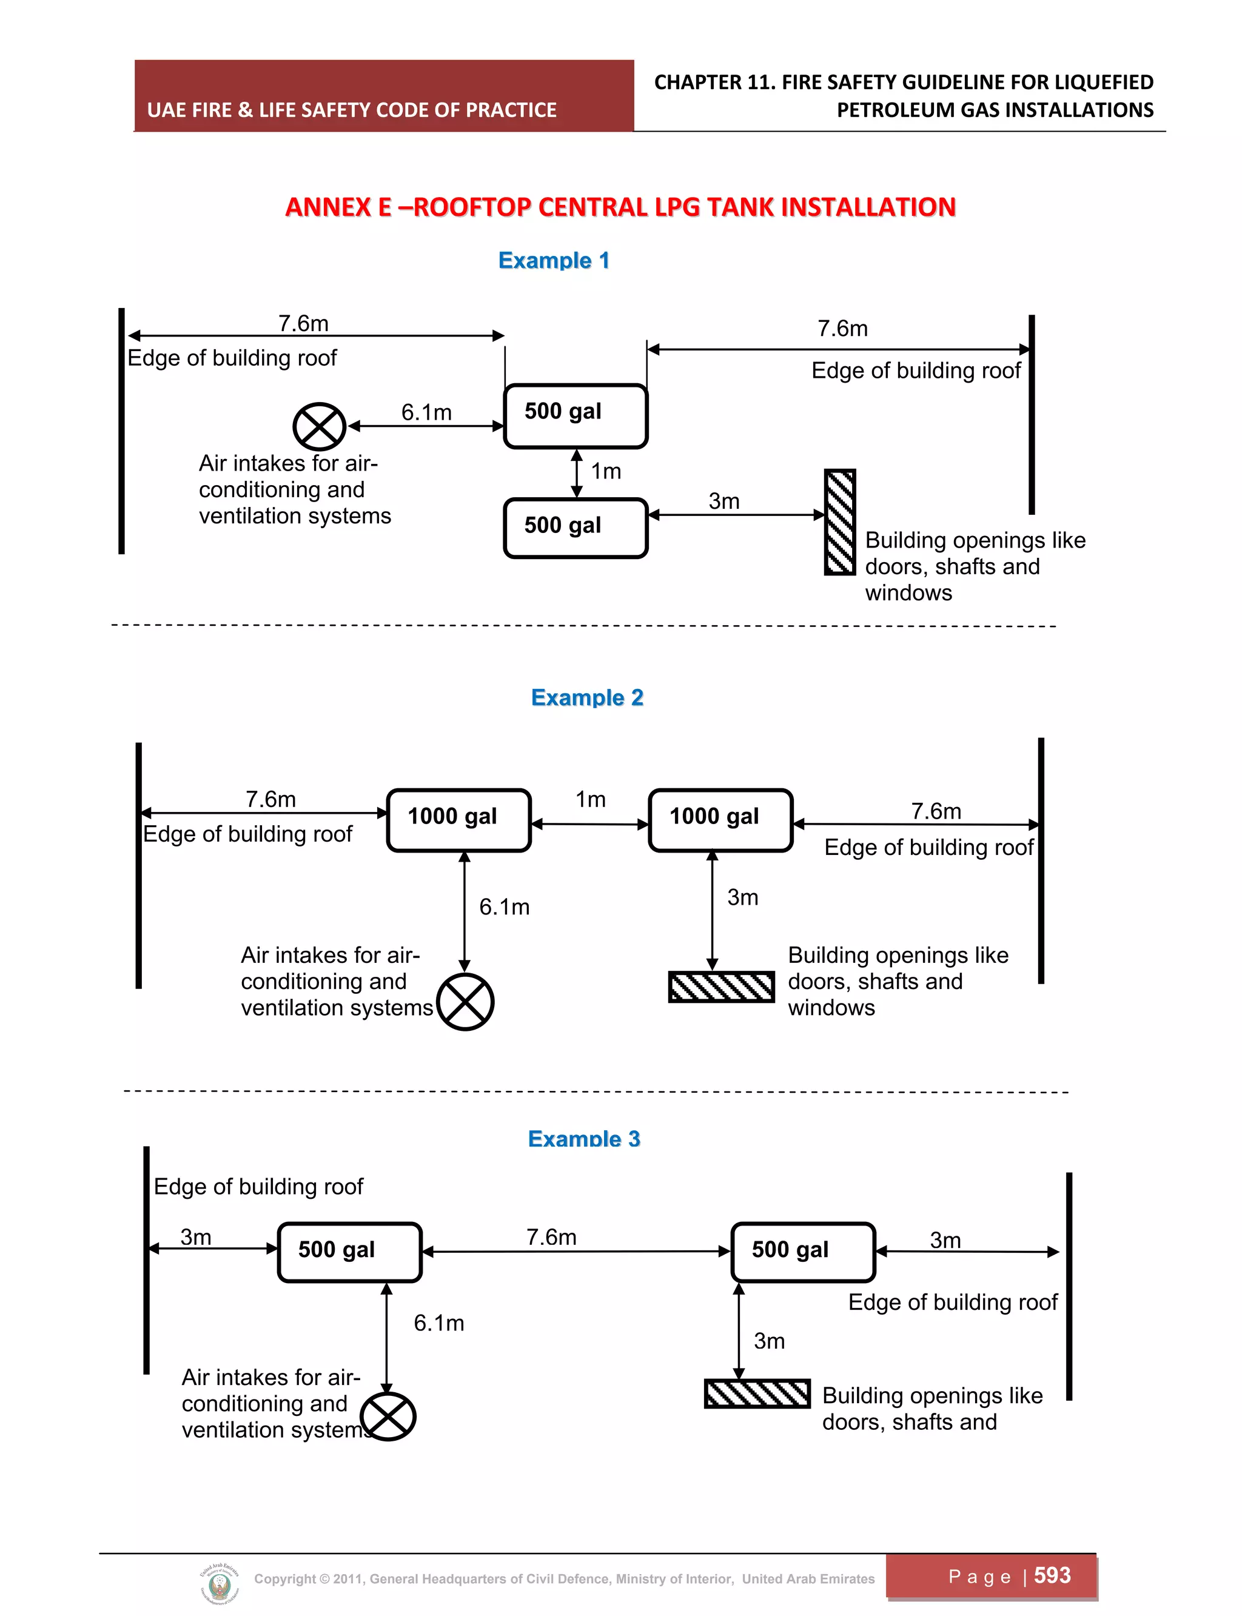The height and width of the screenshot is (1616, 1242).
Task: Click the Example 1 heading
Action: coord(554,260)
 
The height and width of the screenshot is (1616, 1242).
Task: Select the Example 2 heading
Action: coord(587,697)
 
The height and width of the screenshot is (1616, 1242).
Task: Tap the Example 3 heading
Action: coord(584,1138)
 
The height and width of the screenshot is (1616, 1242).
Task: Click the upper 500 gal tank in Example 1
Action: coord(575,415)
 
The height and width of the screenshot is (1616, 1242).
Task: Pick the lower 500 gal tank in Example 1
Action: coord(575,528)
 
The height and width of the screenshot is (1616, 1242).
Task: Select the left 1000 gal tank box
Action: coord(459,820)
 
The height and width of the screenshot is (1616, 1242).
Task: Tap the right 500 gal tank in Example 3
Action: coord(803,1252)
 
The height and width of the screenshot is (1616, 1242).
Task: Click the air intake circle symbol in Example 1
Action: coord(320,426)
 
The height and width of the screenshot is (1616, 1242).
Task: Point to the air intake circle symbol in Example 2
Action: coord(465,1002)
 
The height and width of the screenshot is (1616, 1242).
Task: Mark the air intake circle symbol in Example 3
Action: coord(389,1417)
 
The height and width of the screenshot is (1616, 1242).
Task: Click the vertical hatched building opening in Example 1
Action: coord(840,522)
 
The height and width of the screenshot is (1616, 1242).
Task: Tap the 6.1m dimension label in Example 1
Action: coord(426,412)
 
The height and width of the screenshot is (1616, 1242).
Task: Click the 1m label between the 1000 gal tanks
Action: coord(591,799)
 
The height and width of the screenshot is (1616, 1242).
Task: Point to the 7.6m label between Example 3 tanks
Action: coord(551,1237)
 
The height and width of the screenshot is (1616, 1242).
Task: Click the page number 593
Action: coord(1052,1575)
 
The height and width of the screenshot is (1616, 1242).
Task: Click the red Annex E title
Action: coord(620,207)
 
